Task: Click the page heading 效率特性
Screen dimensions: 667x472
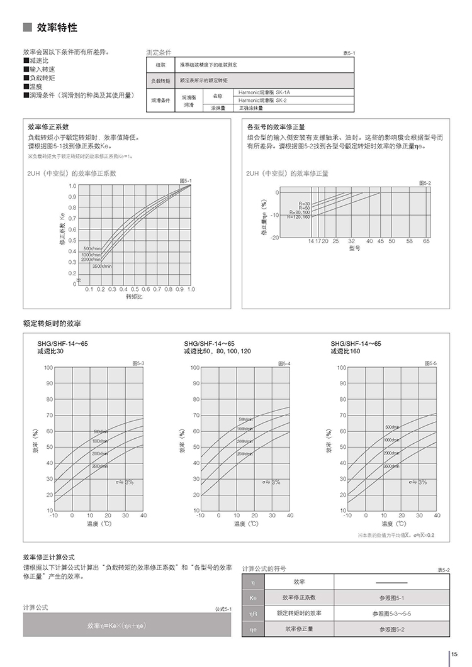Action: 57,28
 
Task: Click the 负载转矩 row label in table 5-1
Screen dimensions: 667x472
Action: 159,81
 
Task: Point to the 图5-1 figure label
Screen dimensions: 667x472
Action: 185,180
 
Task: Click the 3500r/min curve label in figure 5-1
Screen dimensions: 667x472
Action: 101,267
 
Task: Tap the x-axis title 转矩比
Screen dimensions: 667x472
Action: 135,297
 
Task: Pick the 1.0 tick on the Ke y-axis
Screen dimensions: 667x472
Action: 72,186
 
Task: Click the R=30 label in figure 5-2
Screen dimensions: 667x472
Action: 305,203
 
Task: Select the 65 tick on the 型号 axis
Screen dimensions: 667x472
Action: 427,241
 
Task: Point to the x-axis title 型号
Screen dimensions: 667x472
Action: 354,248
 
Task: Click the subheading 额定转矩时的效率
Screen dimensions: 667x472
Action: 52,323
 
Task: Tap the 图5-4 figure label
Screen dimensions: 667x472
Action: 284,363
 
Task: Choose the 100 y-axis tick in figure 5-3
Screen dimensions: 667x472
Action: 48,367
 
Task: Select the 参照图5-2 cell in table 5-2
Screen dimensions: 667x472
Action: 392,629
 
